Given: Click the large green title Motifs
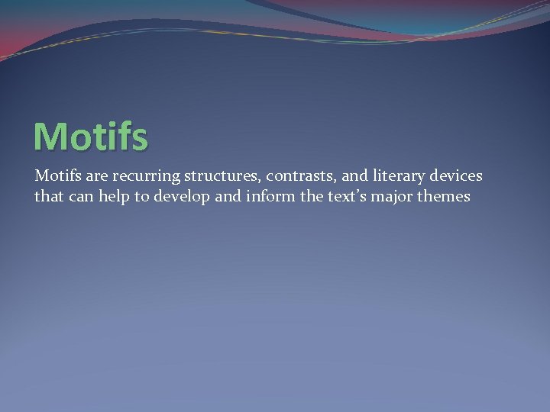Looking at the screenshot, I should [90, 135].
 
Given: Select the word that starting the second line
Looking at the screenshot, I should [47, 196].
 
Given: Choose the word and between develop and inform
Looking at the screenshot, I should [227, 196].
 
